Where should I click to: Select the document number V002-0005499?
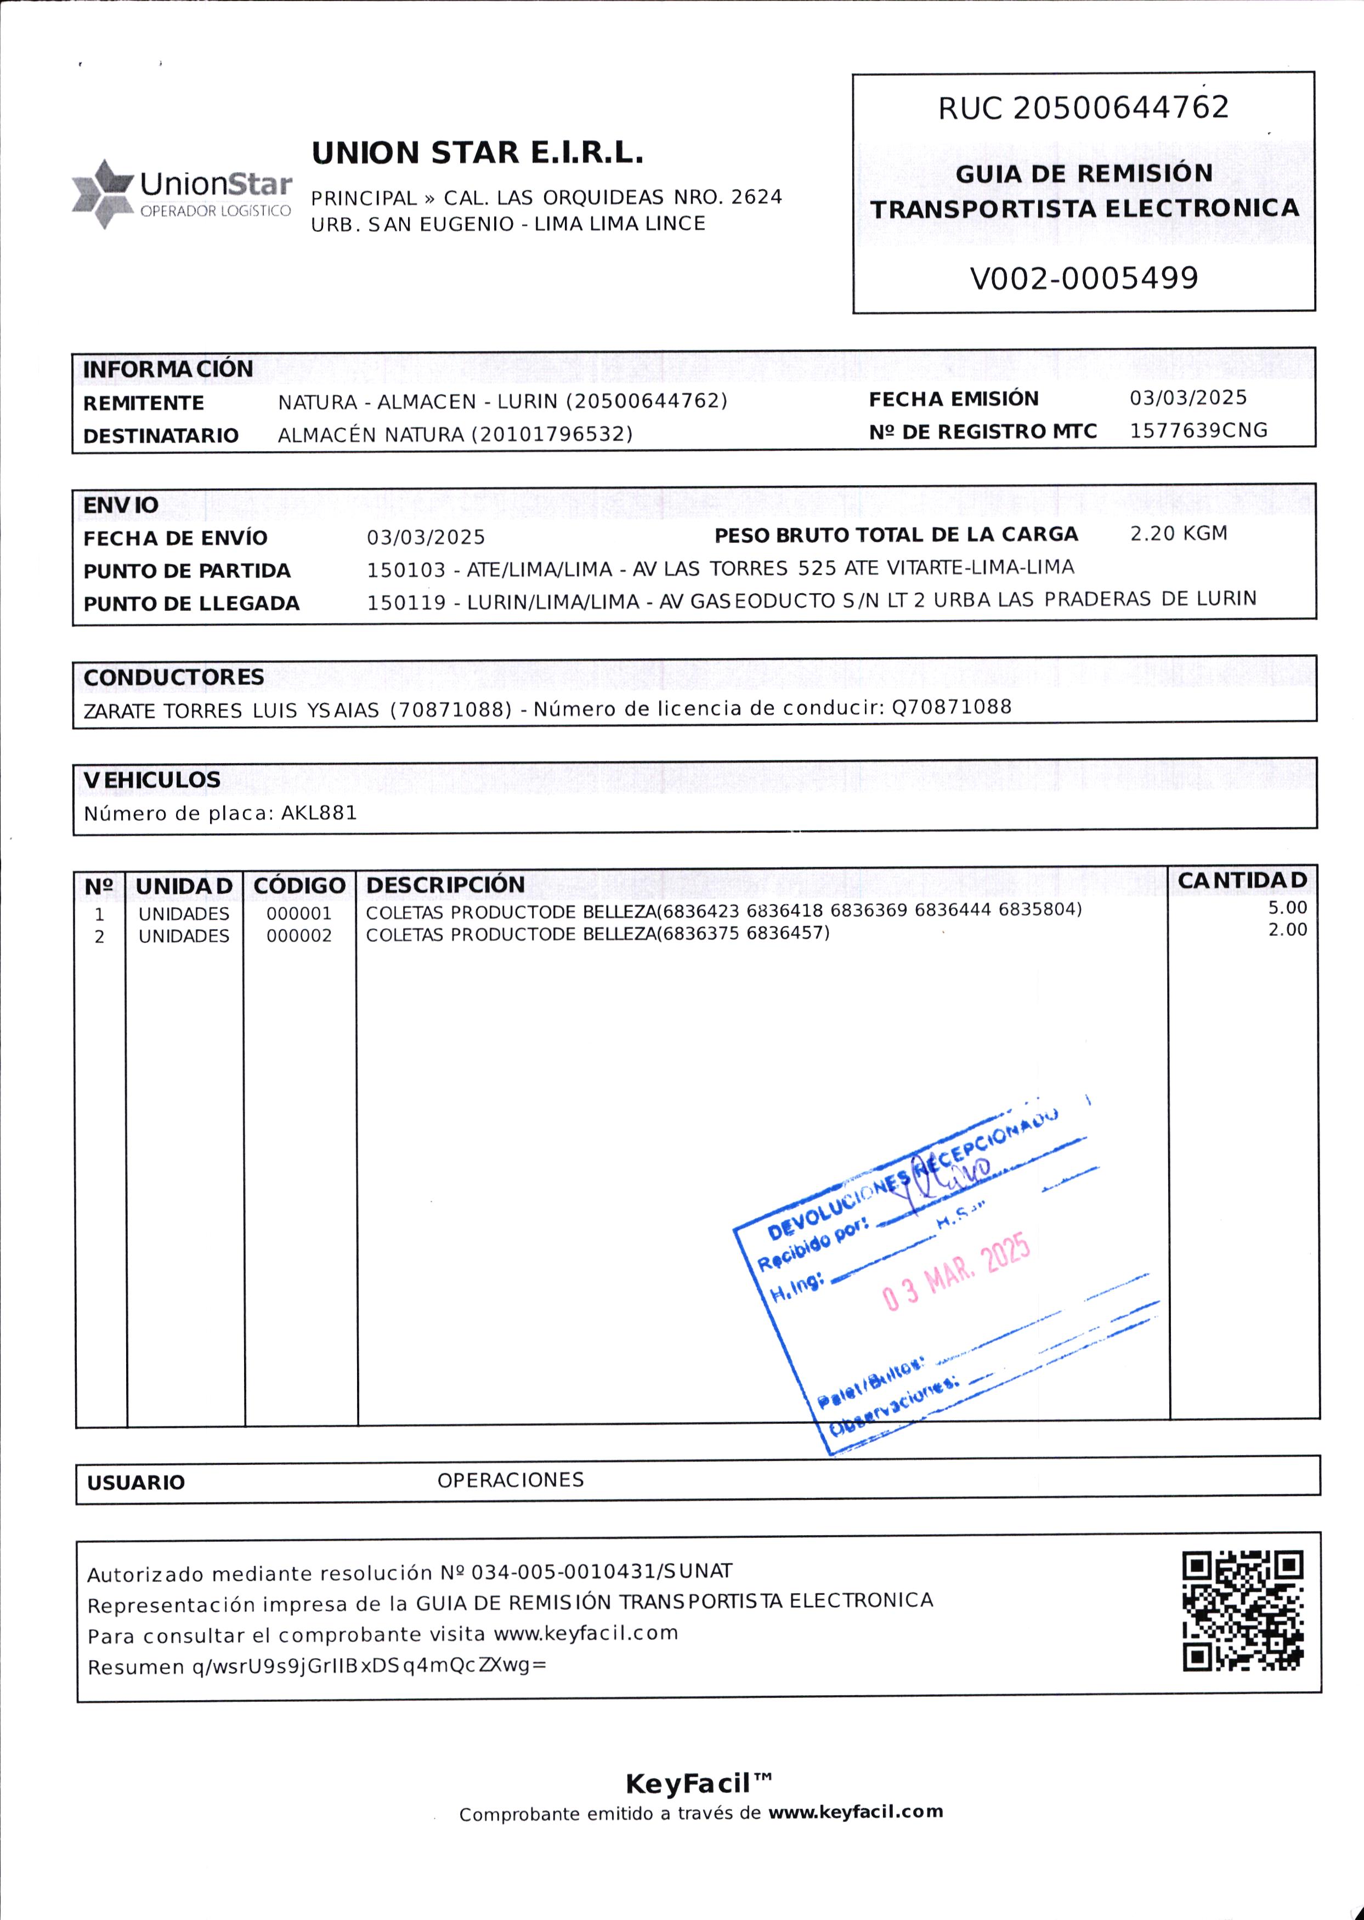[1084, 278]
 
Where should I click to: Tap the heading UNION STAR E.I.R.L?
[477, 153]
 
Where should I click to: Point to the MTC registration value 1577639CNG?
[1198, 431]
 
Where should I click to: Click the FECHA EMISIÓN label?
[953, 399]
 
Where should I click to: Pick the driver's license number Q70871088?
[951, 707]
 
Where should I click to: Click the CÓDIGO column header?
[299, 885]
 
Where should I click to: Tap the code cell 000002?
[299, 936]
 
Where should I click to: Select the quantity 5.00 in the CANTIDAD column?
[1287, 907]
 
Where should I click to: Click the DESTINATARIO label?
[160, 436]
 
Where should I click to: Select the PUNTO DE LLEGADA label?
[191, 604]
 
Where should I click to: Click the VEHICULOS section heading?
[152, 780]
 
